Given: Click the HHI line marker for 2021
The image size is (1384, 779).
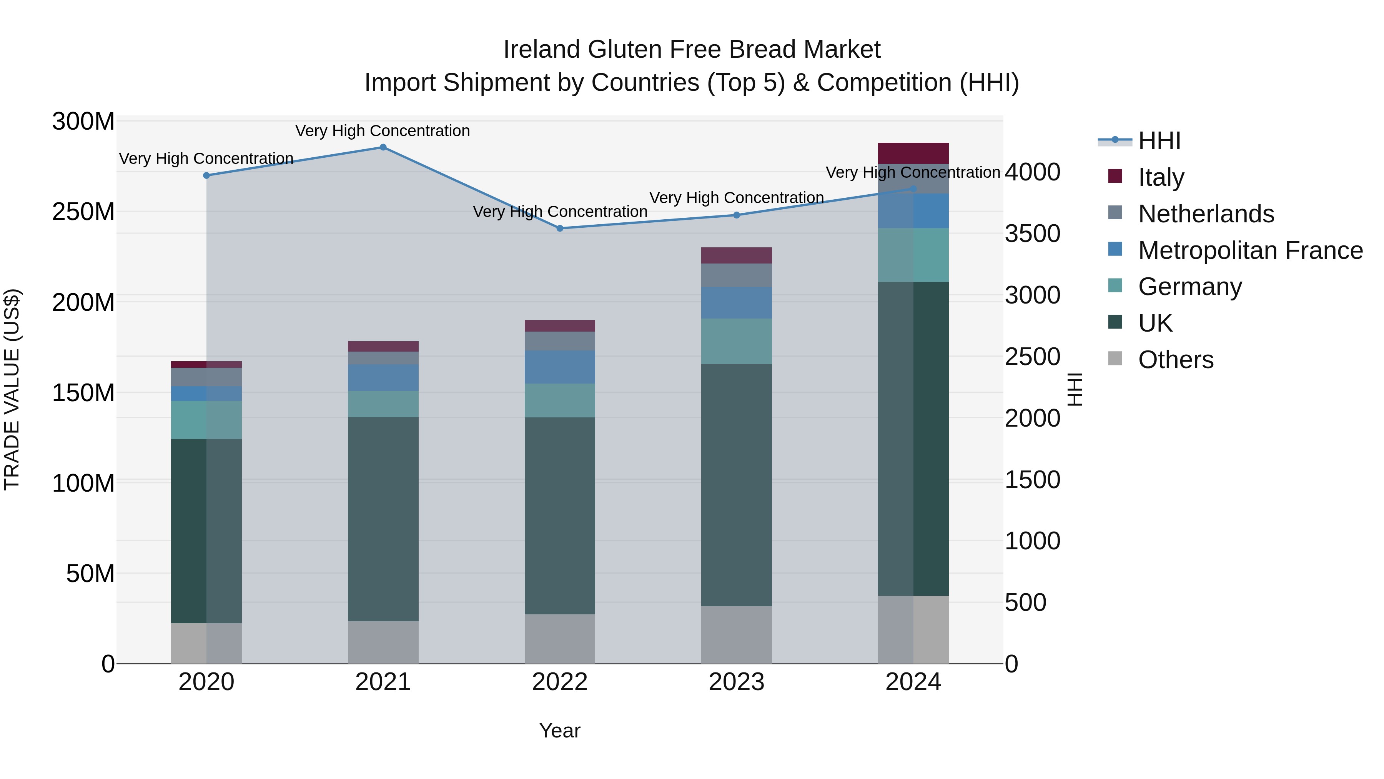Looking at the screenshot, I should tap(383, 147).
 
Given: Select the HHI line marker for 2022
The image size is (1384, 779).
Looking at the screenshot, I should tap(560, 229).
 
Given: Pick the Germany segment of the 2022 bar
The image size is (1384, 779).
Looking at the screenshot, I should tap(559, 400).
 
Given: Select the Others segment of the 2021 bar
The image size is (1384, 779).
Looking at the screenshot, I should tap(383, 642).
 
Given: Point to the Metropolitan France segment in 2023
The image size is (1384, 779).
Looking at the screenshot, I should tap(736, 303).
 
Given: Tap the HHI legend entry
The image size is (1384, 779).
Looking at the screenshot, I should tap(1159, 141).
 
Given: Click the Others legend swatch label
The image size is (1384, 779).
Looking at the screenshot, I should tap(1176, 360).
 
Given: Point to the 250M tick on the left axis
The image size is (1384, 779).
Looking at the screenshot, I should tap(83, 212).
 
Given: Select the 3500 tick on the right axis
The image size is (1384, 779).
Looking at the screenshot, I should tap(1032, 234).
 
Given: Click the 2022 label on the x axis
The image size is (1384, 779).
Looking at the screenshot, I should tap(559, 682).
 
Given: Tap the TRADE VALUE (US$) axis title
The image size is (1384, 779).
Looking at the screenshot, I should tap(12, 389).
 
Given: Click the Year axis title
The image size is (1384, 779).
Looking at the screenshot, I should tap(559, 731).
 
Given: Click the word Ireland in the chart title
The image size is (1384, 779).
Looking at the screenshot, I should tap(542, 50).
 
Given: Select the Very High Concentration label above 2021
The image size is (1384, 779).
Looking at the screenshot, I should tap(383, 131).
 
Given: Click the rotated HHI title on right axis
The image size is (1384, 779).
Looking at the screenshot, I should tap(1075, 389).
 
